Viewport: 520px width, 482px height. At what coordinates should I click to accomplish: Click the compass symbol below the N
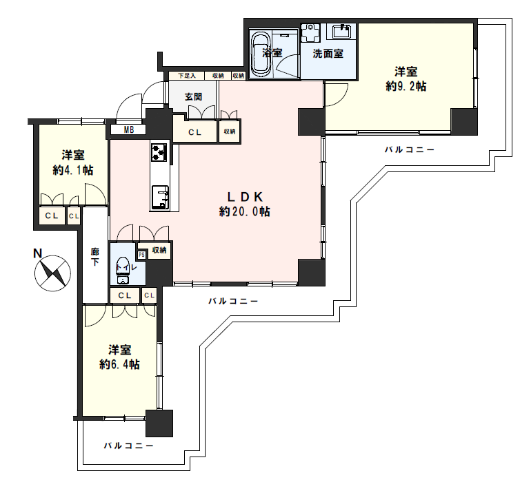[x=52, y=273]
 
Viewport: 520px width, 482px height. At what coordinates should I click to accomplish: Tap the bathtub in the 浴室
[x=261, y=54]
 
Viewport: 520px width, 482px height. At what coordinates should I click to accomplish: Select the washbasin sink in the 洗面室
[x=341, y=32]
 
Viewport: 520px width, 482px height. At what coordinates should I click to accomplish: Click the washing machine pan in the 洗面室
[x=311, y=32]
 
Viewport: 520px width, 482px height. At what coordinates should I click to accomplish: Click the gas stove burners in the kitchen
[x=159, y=152]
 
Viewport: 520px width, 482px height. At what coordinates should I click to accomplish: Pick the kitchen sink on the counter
[x=160, y=198]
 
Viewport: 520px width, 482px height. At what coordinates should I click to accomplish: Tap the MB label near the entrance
[x=129, y=130]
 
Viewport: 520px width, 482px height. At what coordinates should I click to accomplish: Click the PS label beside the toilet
[x=142, y=255]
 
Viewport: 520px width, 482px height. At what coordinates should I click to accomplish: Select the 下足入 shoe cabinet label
[x=187, y=76]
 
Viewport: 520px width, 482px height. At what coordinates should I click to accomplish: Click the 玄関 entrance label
[x=193, y=97]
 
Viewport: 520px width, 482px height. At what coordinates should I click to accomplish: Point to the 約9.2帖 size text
[x=406, y=86]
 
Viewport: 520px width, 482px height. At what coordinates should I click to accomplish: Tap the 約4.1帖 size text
[x=73, y=170]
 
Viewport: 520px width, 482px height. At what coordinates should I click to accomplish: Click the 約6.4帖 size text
[x=119, y=364]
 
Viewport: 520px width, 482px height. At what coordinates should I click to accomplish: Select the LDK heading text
[x=245, y=197]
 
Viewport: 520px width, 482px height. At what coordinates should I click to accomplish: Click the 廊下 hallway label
[x=95, y=257]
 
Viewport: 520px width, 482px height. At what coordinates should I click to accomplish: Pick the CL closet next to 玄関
[x=195, y=132]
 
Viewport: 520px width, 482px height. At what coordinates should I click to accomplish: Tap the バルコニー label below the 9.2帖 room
[x=409, y=150]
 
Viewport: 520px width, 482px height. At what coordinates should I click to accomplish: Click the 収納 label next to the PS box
[x=159, y=250]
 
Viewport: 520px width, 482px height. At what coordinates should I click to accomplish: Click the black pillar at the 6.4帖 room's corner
[x=159, y=423]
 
